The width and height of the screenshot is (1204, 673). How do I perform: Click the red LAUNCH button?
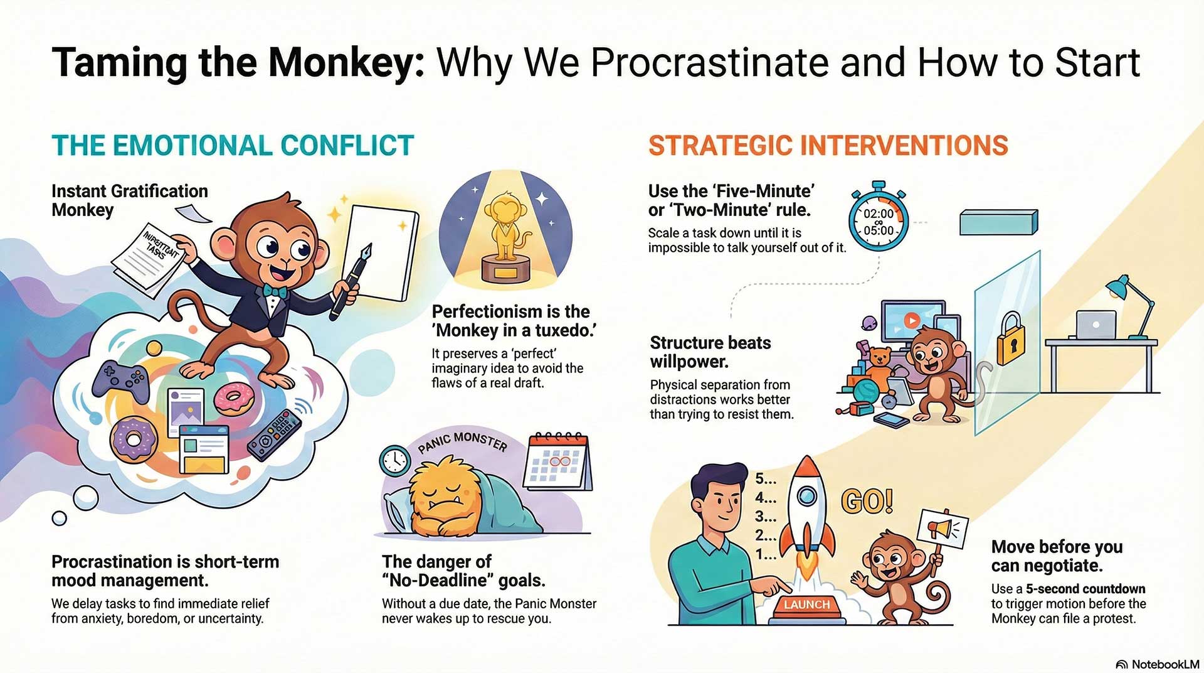pyautogui.click(x=807, y=605)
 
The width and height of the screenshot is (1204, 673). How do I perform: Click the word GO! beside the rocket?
pyautogui.click(x=867, y=501)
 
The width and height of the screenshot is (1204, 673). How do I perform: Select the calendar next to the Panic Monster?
pyautogui.click(x=559, y=461)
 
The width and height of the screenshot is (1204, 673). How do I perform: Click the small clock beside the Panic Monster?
pyautogui.click(x=395, y=461)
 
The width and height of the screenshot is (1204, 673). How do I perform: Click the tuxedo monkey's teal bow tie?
pyautogui.click(x=275, y=291)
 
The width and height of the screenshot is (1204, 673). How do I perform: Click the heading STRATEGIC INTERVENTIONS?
pyautogui.click(x=828, y=146)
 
